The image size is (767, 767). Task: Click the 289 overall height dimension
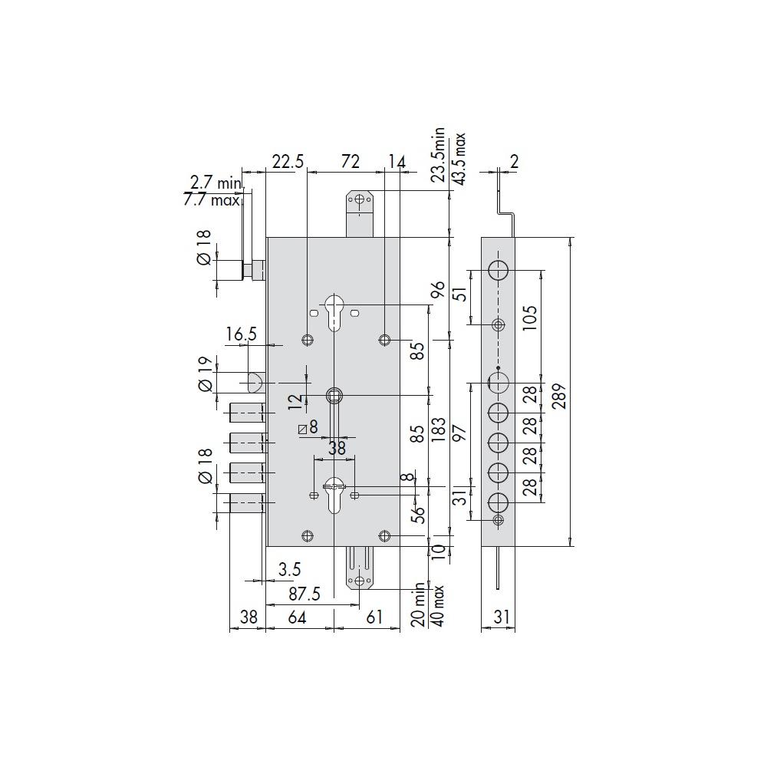tap(561, 397)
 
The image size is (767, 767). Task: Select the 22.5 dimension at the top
tap(288, 161)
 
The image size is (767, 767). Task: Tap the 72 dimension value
tap(351, 161)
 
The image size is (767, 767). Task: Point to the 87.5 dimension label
tap(304, 594)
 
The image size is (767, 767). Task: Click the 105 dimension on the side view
tap(530, 318)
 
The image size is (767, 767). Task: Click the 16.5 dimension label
tap(241, 334)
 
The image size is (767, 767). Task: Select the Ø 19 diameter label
tap(206, 374)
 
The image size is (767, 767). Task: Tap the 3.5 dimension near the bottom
tap(290, 569)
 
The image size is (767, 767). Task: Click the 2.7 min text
tap(216, 183)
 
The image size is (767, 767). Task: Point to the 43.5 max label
tap(459, 159)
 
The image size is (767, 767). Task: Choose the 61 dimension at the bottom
tap(374, 617)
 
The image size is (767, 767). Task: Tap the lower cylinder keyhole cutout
tap(334, 495)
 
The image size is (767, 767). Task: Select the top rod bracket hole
tap(360, 199)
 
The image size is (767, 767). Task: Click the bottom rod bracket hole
tap(360, 581)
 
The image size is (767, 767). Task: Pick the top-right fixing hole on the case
tap(385, 340)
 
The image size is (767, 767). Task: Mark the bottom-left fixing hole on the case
tap(308, 536)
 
